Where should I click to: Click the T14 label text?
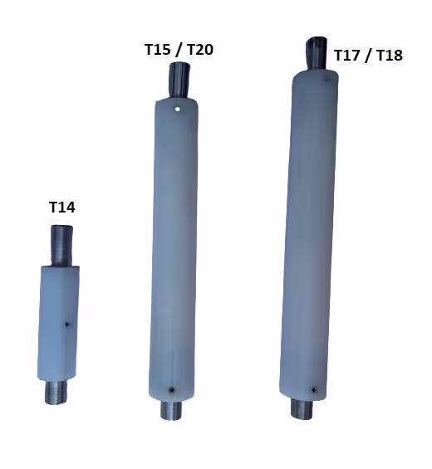coord(62,208)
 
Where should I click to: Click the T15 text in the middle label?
coord(158,49)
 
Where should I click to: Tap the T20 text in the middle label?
coord(200,49)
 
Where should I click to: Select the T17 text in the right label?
coord(346,56)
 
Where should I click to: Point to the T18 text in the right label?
coord(389,56)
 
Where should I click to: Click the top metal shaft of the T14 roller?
coord(61,245)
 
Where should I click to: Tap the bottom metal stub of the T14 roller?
coord(56,392)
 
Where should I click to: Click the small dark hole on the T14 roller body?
coord(67,324)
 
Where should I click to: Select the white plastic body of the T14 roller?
coord(58,323)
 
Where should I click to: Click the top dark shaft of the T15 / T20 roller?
coord(179,80)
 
